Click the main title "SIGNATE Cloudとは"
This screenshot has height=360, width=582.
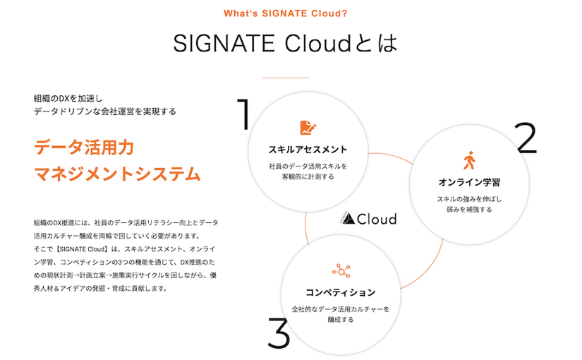tap(285, 44)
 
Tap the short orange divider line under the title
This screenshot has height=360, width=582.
tap(285, 77)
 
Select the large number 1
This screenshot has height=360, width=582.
tap(243, 114)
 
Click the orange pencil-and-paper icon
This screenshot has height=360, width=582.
tap(308, 128)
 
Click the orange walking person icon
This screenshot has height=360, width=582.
tap(468, 161)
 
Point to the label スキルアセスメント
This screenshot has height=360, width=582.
tap(308, 150)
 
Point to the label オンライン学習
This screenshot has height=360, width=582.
tap(469, 183)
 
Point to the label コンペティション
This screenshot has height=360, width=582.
tap(341, 292)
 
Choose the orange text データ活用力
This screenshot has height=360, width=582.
tap(83, 148)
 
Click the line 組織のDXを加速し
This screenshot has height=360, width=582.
tap(68, 97)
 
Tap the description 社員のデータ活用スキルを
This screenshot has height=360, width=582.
tap(308, 166)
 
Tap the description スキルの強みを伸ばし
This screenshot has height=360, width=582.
tap(469, 198)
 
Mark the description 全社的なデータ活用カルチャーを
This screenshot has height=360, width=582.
tap(341, 308)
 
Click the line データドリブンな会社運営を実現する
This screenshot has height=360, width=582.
tap(104, 112)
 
